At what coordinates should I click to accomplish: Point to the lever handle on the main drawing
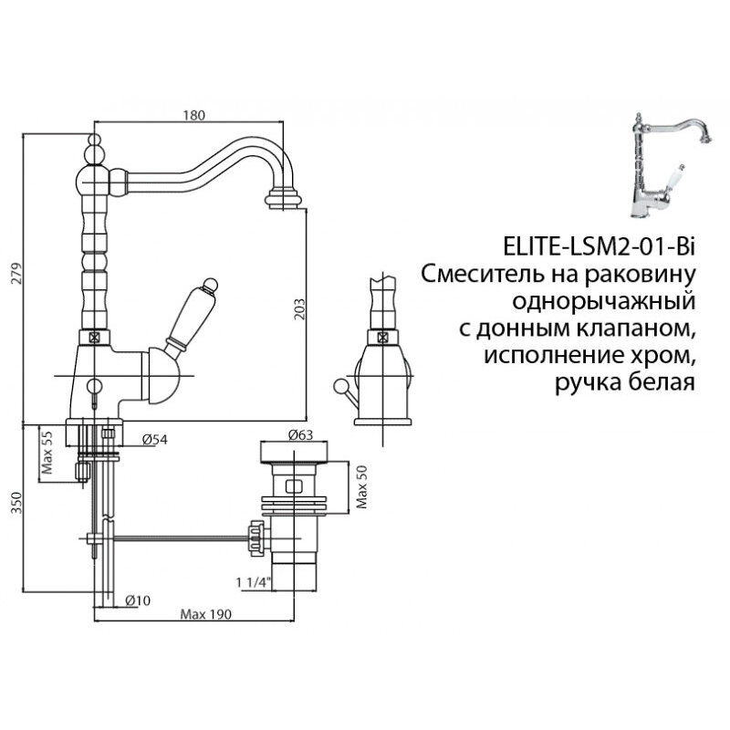(x=191, y=315)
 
